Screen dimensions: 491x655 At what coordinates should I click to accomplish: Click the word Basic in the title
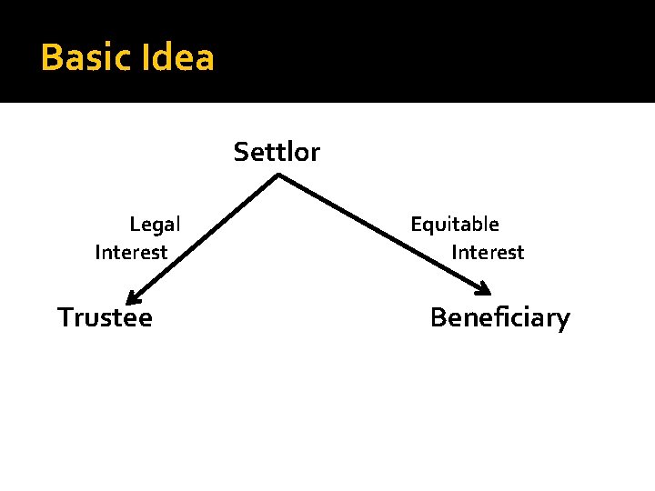click(86, 58)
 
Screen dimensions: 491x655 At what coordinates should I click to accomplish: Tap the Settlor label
click(277, 152)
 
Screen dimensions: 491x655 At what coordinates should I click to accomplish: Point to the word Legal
click(155, 224)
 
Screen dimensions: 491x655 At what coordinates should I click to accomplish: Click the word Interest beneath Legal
click(131, 253)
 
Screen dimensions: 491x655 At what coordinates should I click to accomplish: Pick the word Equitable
click(455, 224)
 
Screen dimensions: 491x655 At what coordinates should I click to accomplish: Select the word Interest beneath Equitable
click(488, 253)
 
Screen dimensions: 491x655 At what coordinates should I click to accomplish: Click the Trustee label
click(105, 317)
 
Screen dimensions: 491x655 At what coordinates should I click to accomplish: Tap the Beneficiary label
click(499, 318)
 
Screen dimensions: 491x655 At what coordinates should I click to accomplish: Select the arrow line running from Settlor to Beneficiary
click(382, 235)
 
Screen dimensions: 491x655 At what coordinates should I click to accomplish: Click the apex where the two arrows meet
click(277, 175)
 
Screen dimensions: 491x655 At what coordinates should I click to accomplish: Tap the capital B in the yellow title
click(51, 58)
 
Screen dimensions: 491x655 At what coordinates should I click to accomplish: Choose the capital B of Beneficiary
click(438, 317)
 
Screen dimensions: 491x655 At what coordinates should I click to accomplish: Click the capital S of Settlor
click(240, 152)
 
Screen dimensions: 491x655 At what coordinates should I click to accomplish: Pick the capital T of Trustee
click(65, 317)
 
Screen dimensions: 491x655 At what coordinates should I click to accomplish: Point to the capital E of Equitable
click(416, 224)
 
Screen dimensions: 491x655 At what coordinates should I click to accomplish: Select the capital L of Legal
click(135, 224)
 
